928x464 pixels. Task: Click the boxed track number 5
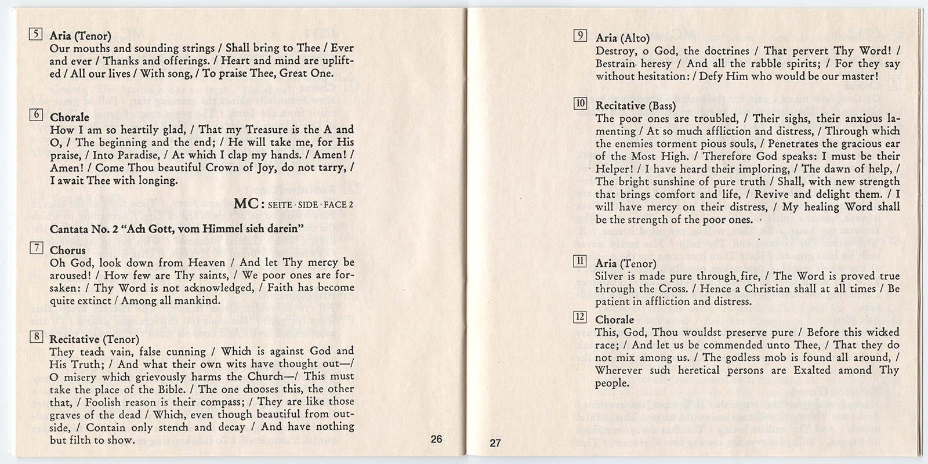tap(35, 34)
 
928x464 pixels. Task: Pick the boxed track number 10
tap(580, 104)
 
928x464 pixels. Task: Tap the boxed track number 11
tap(580, 262)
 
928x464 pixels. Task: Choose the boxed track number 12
tap(580, 317)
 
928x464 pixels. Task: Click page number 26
tap(436, 439)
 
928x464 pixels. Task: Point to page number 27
tap(495, 444)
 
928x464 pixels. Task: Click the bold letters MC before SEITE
tap(248, 204)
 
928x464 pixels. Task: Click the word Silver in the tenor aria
tap(610, 276)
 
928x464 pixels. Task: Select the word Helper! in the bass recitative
tap(614, 169)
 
